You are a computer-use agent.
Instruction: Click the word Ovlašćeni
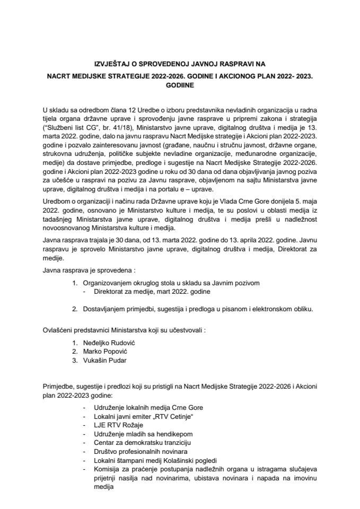pos(58,329)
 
